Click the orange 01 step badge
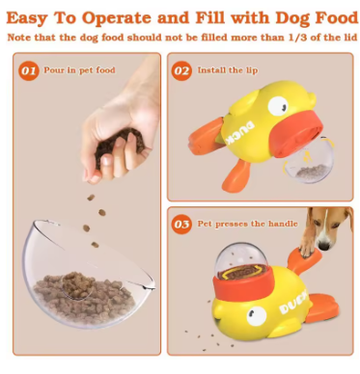point(29,70)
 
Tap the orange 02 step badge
point(181,70)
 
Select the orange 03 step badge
point(181,224)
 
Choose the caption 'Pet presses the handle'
point(247,224)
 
